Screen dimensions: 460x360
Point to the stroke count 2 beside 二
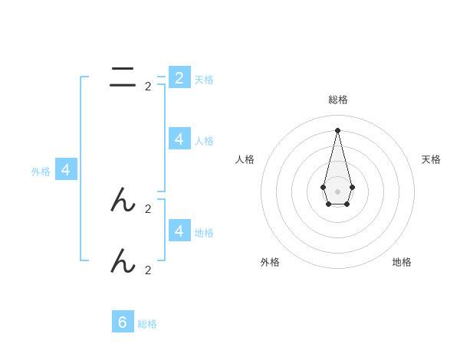tap(148, 87)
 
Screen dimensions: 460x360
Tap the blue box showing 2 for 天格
tap(179, 77)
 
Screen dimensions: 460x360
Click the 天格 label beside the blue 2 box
tap(204, 79)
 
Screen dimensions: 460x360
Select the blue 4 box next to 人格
tap(179, 139)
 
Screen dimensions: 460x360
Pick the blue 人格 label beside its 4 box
tap(204, 140)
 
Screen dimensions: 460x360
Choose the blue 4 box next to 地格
tap(179, 231)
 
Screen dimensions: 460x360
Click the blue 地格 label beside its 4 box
tap(204, 232)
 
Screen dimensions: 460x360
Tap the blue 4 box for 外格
tap(66, 170)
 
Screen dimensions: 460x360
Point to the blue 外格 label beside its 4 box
tap(41, 172)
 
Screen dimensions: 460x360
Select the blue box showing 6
tap(123, 322)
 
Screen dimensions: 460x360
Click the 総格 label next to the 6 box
tap(147, 324)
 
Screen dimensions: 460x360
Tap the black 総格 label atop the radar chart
tap(338, 100)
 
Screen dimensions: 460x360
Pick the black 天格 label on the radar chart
tap(431, 159)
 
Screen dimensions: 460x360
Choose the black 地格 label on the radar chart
tap(402, 262)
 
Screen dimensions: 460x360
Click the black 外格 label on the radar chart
tap(270, 262)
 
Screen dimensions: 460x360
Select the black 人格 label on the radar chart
tap(245, 159)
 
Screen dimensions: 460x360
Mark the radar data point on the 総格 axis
tap(337, 130)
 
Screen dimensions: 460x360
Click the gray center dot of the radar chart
tap(337, 191)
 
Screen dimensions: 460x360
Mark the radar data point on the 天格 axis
tap(352, 187)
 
